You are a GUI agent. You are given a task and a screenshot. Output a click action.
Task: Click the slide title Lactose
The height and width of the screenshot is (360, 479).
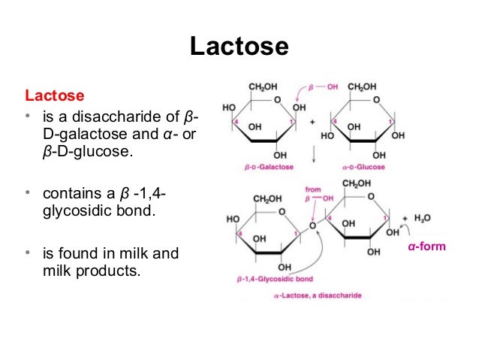click(x=239, y=47)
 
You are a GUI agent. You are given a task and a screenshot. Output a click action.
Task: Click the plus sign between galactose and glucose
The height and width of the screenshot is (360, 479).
click(x=312, y=121)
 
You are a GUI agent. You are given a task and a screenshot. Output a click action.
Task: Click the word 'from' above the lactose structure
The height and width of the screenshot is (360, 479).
click(x=312, y=189)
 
